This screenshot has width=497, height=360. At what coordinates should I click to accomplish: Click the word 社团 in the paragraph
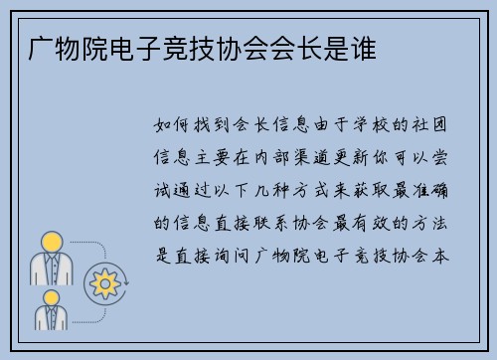[441, 126]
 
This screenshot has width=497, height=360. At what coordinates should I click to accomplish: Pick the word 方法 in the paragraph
[441, 222]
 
